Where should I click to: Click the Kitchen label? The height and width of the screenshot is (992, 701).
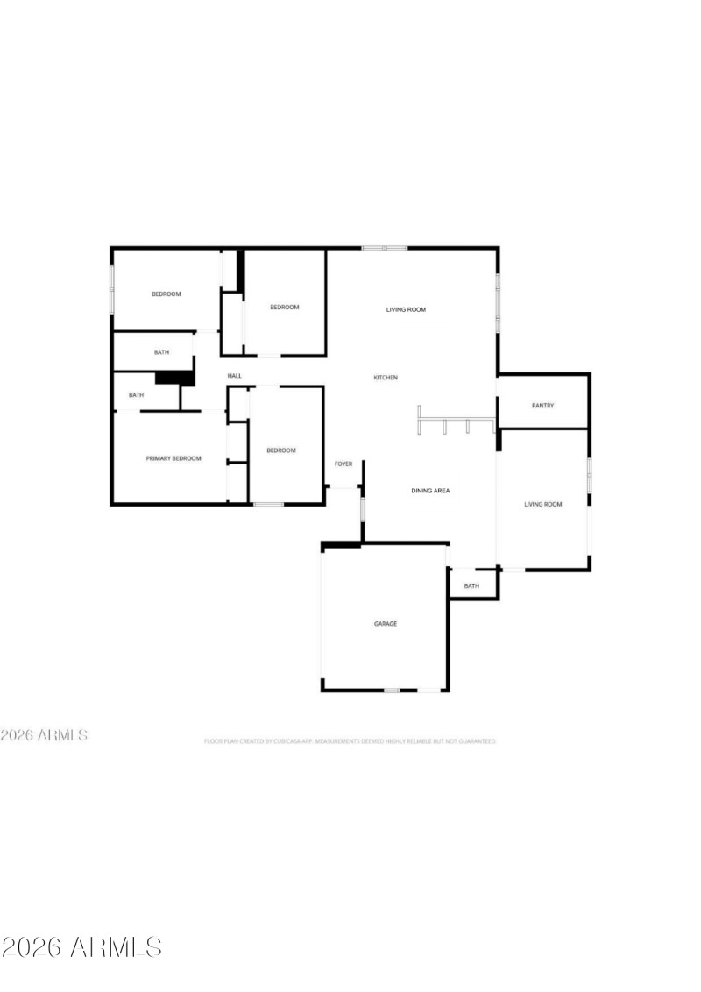pos(386,378)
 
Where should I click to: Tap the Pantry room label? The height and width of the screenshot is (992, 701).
pos(543,406)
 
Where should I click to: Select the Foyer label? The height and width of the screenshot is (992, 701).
pos(343,464)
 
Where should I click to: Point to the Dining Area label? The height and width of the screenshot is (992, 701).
pos(430,491)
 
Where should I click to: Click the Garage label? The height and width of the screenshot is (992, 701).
pos(386,624)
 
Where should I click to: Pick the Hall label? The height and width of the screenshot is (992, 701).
pos(235,376)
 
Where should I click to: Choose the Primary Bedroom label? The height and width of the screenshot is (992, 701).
pos(173,458)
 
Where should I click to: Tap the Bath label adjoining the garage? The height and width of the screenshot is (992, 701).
pos(471,586)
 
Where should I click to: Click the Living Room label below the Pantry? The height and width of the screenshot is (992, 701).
pos(542,504)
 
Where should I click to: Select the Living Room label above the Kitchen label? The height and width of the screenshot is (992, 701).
pos(407,309)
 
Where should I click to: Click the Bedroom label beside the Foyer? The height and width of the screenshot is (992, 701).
pos(281,450)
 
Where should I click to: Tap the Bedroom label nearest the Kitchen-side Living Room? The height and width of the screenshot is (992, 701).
pos(285,307)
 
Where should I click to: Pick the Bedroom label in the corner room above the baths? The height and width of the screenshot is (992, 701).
pos(166,294)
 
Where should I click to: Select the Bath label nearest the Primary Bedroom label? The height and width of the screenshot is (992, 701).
pos(136,395)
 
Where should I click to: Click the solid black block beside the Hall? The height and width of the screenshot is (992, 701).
pos(173,379)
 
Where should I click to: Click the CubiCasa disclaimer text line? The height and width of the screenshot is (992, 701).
pos(350,741)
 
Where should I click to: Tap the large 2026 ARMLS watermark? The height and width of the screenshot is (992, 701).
pos(81,947)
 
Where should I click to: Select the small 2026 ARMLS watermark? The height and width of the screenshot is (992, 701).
pos(44,735)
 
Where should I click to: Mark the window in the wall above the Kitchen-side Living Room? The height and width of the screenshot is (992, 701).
pos(385,248)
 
